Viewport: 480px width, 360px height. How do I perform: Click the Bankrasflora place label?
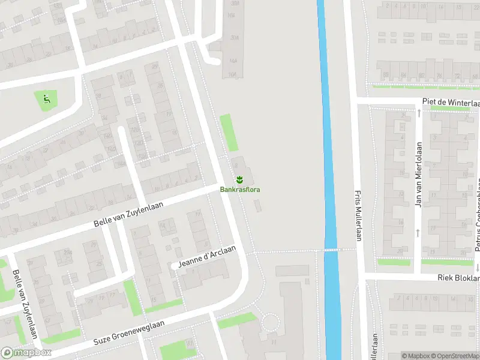240,190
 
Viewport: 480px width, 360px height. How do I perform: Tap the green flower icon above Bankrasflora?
239,179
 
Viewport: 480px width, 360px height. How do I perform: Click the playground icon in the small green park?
47,98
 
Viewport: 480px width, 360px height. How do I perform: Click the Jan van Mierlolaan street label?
419,174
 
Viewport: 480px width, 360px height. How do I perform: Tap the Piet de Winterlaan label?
451,103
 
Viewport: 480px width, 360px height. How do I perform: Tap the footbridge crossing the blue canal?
331,250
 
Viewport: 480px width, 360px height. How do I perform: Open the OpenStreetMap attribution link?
455,356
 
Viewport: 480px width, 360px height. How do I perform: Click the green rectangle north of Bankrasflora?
229,133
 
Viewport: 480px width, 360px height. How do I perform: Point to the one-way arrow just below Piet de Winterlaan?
418,112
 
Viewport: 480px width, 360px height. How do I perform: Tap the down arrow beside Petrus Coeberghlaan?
478,268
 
